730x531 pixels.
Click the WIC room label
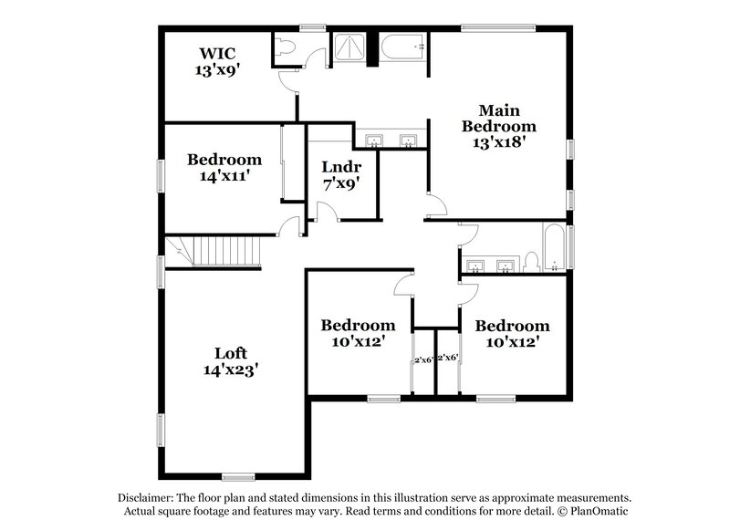pyautogui.click(x=216, y=52)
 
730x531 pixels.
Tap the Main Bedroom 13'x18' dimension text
pyautogui.click(x=498, y=142)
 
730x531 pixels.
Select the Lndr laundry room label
pyautogui.click(x=341, y=167)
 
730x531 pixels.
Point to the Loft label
pyautogui.click(x=231, y=353)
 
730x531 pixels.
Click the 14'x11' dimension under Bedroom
pyautogui.click(x=224, y=176)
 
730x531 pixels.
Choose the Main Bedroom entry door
pyautogui.click(x=436, y=206)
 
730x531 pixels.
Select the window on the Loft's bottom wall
pyautogui.click(x=238, y=475)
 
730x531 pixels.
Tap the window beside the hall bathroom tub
pyautogui.click(x=572, y=246)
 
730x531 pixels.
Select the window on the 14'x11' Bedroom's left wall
pyautogui.click(x=161, y=175)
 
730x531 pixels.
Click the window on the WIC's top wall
pyautogui.click(x=313, y=27)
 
